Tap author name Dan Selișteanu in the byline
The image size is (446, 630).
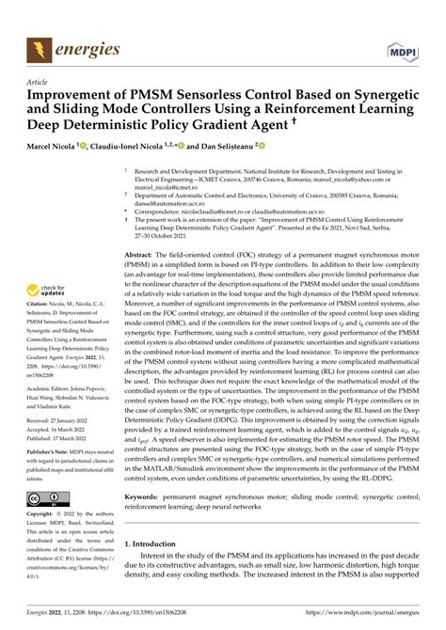click(218, 147)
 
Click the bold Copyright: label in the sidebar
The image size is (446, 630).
click(40, 515)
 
